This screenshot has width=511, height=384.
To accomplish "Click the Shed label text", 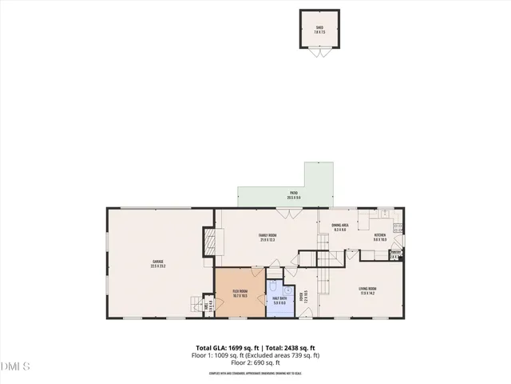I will coord(319,28).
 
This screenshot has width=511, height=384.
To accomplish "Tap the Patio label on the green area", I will coord(293,194).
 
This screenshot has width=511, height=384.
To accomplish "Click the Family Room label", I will coord(267,237).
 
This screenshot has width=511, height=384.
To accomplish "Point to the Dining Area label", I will coord(339,227).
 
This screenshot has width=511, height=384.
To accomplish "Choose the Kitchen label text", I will coord(379,237).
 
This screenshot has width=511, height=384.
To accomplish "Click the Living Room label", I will coord(367,291).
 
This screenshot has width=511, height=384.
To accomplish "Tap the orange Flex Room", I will coord(240,294).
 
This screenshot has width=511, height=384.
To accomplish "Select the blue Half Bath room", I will coord(279,300).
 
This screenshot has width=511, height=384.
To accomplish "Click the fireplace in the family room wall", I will coord(209,242).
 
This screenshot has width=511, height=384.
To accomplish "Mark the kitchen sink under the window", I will coord(384,214).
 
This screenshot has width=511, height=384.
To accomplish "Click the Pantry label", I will coord(394,255).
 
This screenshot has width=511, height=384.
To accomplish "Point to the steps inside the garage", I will coord(196,304).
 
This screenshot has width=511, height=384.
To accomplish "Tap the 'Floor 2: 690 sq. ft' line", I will coord(255,363).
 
